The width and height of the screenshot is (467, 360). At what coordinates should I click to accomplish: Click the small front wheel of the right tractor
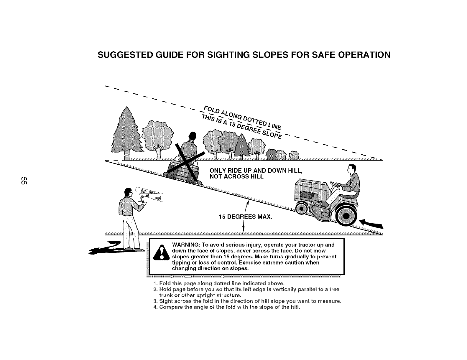(x=302, y=209)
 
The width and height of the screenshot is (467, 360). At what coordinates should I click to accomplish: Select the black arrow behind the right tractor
(x=372, y=224)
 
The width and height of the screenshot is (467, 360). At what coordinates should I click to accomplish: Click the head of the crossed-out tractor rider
(x=192, y=136)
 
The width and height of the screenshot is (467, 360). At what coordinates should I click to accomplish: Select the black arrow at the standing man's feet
(x=106, y=247)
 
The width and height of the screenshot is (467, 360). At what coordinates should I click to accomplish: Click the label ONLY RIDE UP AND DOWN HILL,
(x=256, y=171)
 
